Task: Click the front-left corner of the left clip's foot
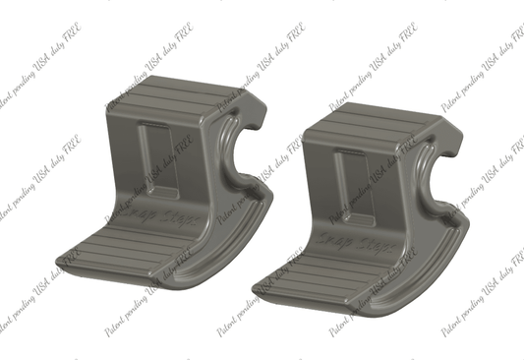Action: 66,258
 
